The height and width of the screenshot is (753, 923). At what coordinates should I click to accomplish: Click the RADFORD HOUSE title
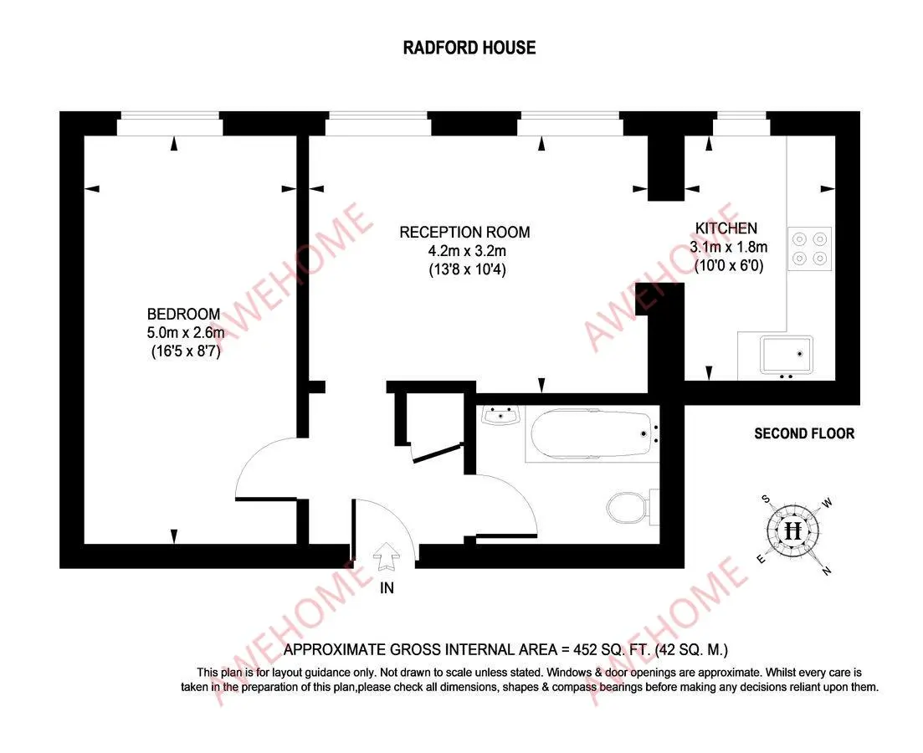(x=469, y=48)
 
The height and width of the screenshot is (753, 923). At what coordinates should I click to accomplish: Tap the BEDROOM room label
(x=183, y=315)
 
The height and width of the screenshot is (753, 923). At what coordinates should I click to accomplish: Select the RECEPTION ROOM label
(x=464, y=232)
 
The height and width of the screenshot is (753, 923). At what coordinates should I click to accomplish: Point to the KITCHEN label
(x=726, y=228)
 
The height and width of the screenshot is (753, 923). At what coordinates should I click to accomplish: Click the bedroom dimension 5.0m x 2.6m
(x=183, y=334)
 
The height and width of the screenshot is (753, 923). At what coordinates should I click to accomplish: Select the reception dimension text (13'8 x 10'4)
(x=464, y=269)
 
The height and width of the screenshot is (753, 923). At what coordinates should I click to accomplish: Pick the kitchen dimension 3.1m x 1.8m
(x=728, y=247)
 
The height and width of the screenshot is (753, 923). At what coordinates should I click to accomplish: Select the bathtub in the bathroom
(x=592, y=434)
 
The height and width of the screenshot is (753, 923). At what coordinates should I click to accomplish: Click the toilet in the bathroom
(x=627, y=505)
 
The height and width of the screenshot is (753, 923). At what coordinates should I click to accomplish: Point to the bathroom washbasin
(x=501, y=414)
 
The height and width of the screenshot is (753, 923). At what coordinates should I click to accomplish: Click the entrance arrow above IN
(x=387, y=554)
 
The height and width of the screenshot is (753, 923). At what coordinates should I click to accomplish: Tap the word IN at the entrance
(x=387, y=588)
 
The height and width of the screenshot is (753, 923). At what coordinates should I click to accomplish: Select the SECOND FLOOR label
(x=804, y=433)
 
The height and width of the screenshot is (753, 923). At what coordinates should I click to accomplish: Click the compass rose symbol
(x=793, y=530)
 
